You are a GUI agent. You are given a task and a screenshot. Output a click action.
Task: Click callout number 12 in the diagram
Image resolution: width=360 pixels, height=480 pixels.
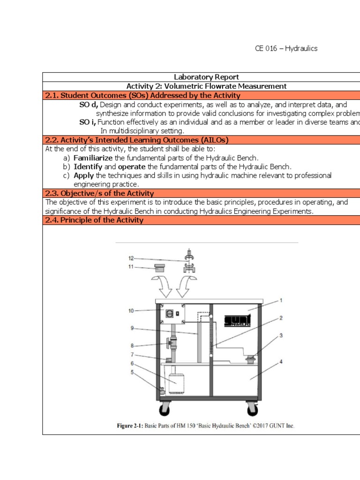[x=131, y=258]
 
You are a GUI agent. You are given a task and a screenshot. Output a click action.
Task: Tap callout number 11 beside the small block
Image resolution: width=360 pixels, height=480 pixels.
[x=131, y=267]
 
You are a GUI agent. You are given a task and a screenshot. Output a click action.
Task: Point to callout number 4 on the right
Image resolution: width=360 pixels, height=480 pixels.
[x=281, y=361]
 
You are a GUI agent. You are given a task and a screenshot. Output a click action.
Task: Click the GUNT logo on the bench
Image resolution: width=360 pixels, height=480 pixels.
[x=237, y=320]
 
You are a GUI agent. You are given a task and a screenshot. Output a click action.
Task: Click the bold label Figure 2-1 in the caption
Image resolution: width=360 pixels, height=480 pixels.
[x=132, y=426]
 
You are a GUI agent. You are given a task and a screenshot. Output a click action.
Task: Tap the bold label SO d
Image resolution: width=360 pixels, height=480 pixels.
[x=89, y=105]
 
